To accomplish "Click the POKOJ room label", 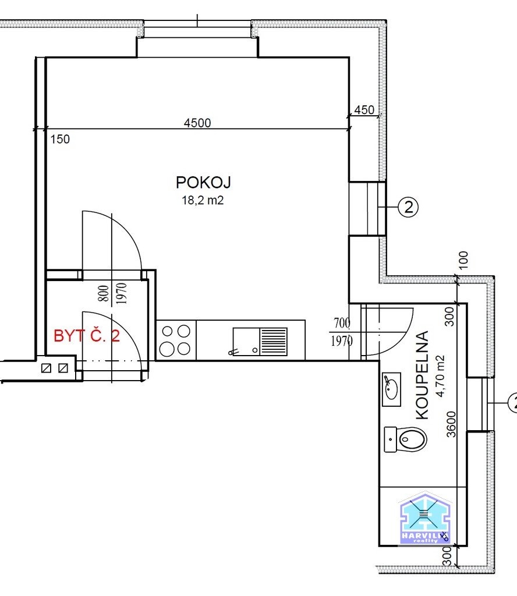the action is coord(203,182).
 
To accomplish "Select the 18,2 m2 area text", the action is coord(203,200).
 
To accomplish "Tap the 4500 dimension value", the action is coord(197,123).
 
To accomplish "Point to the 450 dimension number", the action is coord(364,110).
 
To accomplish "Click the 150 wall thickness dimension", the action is coord(60,139).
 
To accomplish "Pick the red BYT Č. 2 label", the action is coord(87,336).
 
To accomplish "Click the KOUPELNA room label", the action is coord(422,375).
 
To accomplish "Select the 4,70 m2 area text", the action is coord(440,377).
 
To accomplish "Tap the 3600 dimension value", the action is coord(451,424).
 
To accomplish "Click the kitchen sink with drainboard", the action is coord(260,342).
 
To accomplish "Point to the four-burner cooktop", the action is coord(176,340).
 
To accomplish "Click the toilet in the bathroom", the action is coord(405,439).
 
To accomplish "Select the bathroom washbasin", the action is coord(391,389).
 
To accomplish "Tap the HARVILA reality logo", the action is coord(425,518).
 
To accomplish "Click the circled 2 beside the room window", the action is coord(408,207).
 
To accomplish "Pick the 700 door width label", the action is coord(342,323).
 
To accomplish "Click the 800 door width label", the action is coord(104,293).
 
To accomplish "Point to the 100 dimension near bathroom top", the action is coord(463,260).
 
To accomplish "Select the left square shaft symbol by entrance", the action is coord(46,368).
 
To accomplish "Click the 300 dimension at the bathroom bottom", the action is coord(448,556).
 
